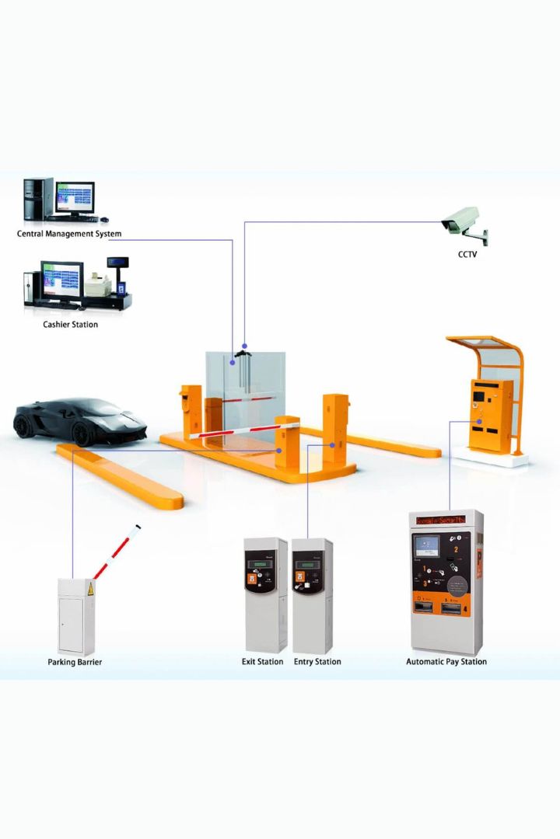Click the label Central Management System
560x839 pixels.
[x=69, y=234]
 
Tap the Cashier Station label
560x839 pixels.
[x=70, y=325]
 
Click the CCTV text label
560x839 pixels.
[x=467, y=254]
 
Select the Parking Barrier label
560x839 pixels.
[x=75, y=663]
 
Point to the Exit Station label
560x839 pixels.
[x=262, y=662]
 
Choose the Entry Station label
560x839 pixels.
[x=317, y=662]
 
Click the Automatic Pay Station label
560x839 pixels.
[x=446, y=662]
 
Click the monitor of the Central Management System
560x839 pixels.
[x=75, y=198]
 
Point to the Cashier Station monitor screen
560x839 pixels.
[x=63, y=279]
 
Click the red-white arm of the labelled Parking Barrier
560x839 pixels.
[x=117, y=552]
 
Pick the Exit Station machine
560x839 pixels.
[x=265, y=594]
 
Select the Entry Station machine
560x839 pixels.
[x=312, y=594]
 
